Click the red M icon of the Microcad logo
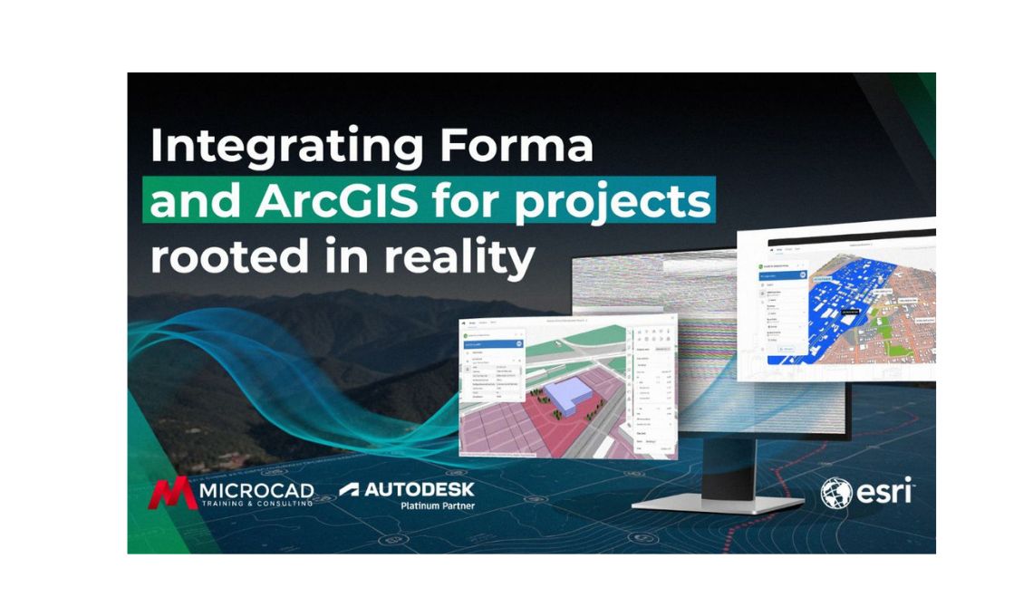click(x=172, y=494)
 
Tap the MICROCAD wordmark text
click(x=256, y=490)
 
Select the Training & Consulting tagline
click(x=256, y=504)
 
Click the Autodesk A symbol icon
click(x=349, y=490)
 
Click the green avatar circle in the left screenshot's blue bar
click(x=518, y=342)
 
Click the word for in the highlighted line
click(x=486, y=202)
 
